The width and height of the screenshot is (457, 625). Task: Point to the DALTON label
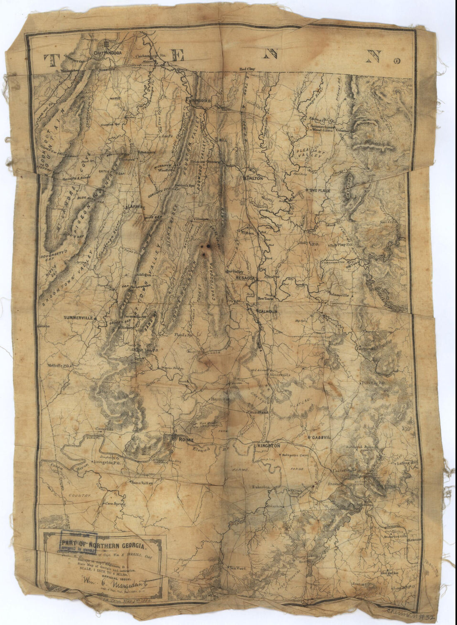pos(256,178)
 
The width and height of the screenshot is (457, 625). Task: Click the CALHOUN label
pos(270,311)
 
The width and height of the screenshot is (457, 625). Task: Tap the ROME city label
pos(183,440)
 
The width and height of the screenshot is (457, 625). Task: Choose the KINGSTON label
pos(269,446)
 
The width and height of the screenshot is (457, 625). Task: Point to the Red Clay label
pos(247,69)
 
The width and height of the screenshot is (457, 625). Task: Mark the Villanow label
pos(200,218)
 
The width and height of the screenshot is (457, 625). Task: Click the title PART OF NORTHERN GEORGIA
pos(103,546)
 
